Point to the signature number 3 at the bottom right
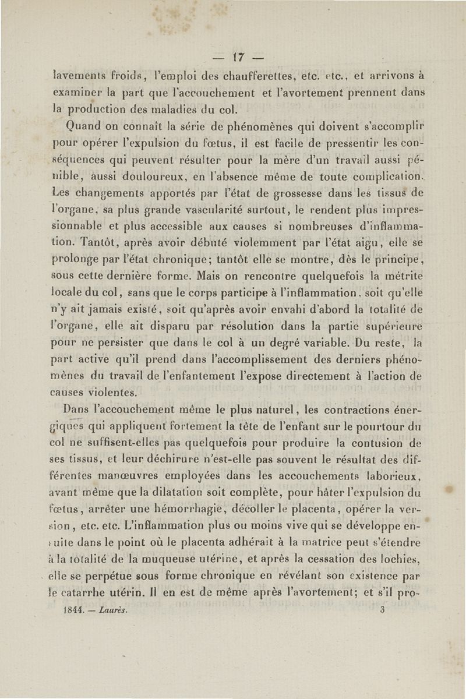(383, 611)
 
